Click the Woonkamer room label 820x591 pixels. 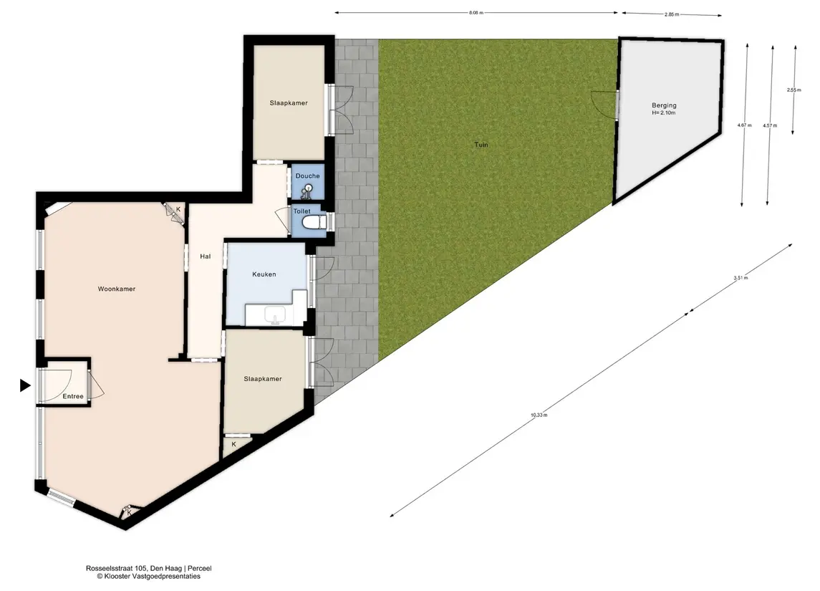117,289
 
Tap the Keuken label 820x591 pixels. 264,274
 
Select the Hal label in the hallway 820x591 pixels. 205,256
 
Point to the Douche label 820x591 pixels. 307,176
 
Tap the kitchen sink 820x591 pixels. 274,315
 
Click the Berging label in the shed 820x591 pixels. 664,105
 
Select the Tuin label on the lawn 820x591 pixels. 481,145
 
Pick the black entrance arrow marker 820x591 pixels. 25,385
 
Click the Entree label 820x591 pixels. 73,396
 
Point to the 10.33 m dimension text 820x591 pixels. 539,415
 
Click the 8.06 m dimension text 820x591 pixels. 476,13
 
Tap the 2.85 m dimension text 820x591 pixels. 672,14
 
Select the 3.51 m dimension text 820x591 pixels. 741,278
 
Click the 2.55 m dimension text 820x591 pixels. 794,90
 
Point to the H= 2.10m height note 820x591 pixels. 664,113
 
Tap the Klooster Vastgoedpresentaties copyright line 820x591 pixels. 148,577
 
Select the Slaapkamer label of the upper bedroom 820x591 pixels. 289,103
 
